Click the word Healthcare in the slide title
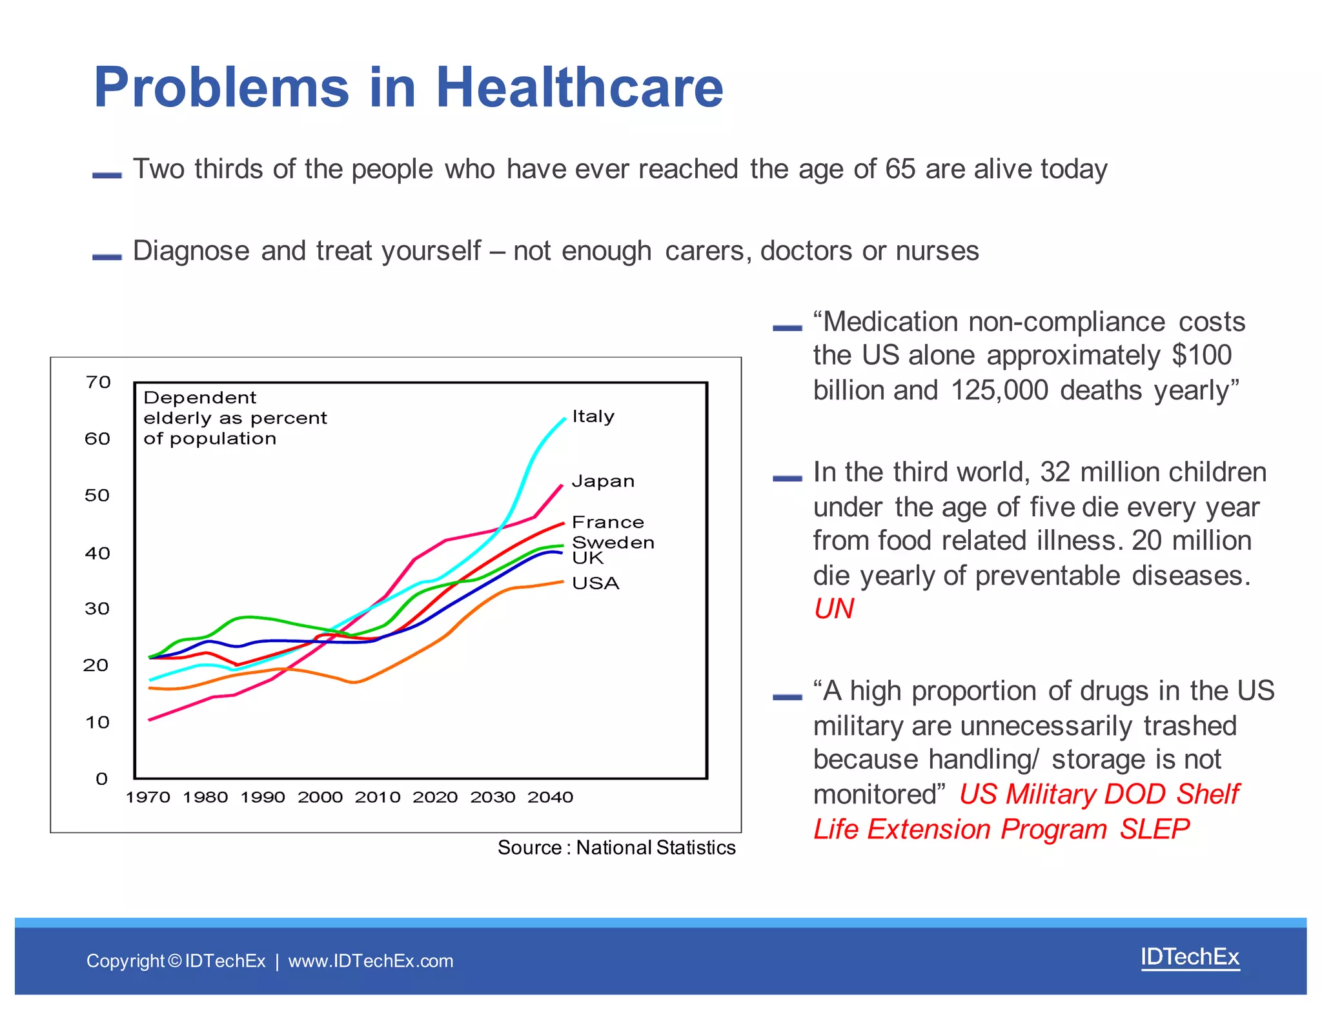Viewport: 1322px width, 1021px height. coord(579,88)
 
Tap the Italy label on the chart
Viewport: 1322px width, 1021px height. coord(593,417)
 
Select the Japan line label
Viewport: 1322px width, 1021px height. coord(603,481)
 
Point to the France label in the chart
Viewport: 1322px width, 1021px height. coord(607,522)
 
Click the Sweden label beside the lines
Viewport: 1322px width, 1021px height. coord(613,542)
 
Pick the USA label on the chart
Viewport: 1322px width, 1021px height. coord(595,583)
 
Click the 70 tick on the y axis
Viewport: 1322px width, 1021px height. coord(98,382)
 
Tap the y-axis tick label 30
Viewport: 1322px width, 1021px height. coord(97,609)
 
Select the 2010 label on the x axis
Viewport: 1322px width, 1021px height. coord(378,798)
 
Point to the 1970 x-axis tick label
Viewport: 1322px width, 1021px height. coord(148,798)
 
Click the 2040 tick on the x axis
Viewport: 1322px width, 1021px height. coord(550,798)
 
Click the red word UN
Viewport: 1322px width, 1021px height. coord(833,609)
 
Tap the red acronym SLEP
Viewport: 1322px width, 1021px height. coord(1154,829)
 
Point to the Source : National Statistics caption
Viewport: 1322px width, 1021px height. coord(616,847)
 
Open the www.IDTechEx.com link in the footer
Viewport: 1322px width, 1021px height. coord(371,961)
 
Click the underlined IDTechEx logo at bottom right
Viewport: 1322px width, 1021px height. coord(1190,957)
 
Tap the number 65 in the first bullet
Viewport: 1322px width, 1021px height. coord(900,169)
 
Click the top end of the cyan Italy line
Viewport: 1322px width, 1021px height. coord(565,419)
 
